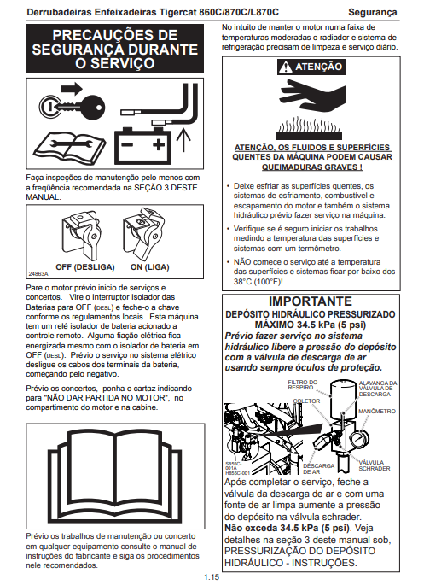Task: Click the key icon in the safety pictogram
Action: coord(72,107)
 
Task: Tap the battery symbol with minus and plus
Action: coord(142,145)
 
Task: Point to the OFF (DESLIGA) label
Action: coord(85,267)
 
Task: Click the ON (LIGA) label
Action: coord(150,267)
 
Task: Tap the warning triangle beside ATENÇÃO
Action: coord(286,67)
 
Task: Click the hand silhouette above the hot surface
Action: coord(312,96)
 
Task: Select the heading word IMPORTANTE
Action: coord(311,301)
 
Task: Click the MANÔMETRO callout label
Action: coord(377,411)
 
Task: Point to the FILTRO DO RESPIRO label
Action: coord(303,384)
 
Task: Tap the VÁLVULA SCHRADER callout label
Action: coord(374,465)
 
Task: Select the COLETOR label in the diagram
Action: coord(306,401)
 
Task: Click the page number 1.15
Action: coord(212,576)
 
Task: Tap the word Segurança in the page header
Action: coord(373,12)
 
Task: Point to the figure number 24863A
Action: coord(38,274)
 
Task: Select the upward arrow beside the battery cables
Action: coord(183,140)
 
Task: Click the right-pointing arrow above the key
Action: coord(71,89)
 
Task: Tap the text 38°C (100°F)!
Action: coord(258,282)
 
